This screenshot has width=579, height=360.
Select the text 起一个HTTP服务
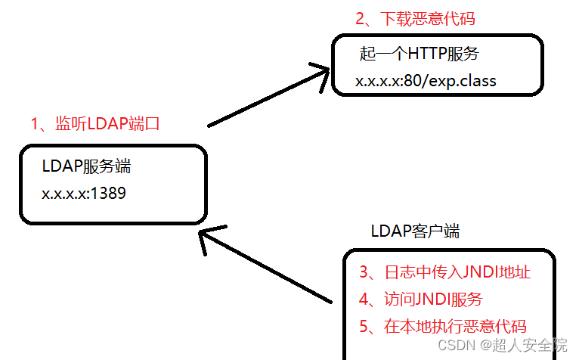coord(419,54)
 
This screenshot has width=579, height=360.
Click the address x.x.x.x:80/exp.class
coord(426,80)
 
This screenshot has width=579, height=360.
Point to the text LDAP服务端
coord(91,167)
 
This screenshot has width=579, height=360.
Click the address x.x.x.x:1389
coord(84,194)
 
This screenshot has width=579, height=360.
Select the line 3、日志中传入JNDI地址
coord(444,272)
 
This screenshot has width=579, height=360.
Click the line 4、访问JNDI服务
coord(420,299)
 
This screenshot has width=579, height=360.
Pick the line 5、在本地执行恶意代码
coord(443,327)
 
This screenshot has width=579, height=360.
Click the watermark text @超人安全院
coord(525,346)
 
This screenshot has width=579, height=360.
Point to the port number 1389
coord(109,194)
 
